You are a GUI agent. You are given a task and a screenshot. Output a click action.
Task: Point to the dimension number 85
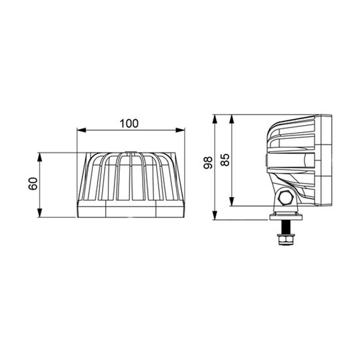[x=225, y=159]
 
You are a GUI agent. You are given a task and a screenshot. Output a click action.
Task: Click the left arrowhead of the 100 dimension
[x=81, y=130]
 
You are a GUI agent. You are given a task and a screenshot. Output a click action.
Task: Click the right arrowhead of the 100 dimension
[x=181, y=130]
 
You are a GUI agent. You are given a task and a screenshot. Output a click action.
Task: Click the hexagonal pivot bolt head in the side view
[x=285, y=198]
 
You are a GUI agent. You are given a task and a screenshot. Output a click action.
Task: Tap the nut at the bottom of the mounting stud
[x=285, y=242]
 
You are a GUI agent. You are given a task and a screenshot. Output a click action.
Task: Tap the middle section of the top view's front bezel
[x=131, y=209]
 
